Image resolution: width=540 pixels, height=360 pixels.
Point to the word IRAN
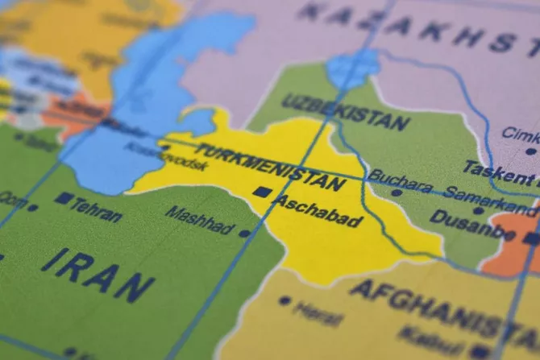(x=98, y=273)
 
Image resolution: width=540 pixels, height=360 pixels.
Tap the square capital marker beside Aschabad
(x=261, y=192)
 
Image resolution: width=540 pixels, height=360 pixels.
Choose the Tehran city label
(x=96, y=210)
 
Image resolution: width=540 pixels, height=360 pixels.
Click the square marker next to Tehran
(x=62, y=198)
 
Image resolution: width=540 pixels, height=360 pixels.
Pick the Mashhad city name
(x=199, y=219)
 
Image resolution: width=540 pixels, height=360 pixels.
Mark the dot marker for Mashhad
(x=244, y=234)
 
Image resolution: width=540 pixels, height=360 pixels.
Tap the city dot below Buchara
(x=396, y=193)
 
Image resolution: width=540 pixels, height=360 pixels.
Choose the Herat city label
(x=318, y=311)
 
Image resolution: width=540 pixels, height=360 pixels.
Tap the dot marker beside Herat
(x=285, y=300)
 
